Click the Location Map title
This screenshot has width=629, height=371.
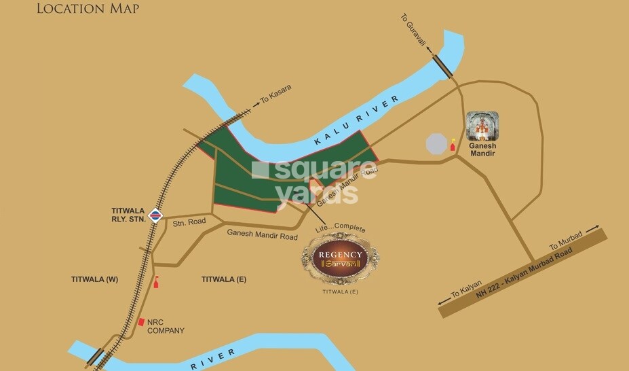tap(88, 9)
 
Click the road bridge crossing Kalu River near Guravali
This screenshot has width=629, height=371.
tap(444, 67)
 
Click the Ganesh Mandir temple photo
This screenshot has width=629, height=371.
tap(482, 126)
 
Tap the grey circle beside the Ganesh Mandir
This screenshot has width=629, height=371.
tap(437, 144)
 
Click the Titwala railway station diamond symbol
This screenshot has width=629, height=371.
tap(156, 216)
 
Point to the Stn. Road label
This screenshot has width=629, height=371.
tap(188, 222)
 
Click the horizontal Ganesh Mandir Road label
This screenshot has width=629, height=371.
tap(262, 236)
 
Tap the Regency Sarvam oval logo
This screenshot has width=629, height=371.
tap(341, 259)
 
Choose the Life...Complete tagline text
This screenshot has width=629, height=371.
tap(341, 230)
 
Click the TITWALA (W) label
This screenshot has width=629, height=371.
tap(94, 279)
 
